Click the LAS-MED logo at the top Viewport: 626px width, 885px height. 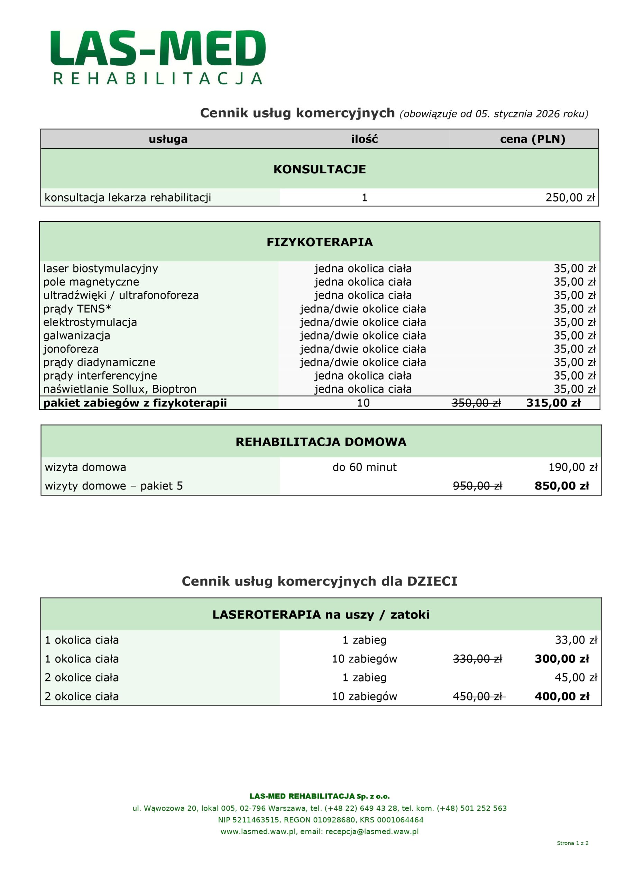(x=158, y=57)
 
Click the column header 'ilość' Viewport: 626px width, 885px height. (x=364, y=139)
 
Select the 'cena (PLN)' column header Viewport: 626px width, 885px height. (x=532, y=139)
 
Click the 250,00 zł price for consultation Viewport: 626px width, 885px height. (x=570, y=198)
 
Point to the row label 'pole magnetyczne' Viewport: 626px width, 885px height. (x=91, y=282)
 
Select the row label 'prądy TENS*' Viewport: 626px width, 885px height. (x=77, y=309)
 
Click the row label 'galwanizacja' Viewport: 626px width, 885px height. (x=77, y=335)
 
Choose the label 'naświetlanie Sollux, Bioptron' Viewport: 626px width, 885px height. (x=120, y=389)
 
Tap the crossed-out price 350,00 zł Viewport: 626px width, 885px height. (x=476, y=403)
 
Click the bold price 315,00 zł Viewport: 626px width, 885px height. (x=553, y=403)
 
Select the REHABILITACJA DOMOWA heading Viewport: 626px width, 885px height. (x=321, y=442)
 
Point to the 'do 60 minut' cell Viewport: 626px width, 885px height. (x=364, y=467)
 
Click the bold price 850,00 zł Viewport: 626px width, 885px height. (x=562, y=486)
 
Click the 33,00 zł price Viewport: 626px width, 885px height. (x=576, y=640)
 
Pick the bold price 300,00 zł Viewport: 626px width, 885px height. (x=562, y=659)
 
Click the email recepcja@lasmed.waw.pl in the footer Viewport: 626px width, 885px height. (x=372, y=831)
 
